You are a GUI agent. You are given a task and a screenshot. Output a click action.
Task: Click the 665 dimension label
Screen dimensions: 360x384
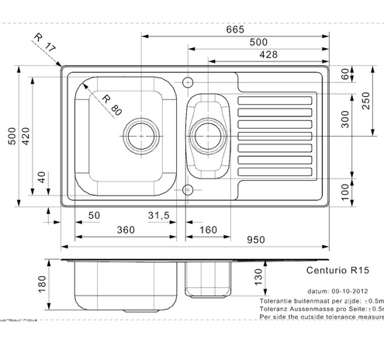235,29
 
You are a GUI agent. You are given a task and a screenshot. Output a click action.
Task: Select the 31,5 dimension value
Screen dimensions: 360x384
158,214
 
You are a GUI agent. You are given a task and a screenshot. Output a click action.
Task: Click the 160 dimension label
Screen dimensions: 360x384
207,230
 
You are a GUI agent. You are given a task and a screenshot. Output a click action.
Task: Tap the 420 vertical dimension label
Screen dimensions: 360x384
25,139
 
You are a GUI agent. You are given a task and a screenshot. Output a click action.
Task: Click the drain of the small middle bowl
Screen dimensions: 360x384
207,134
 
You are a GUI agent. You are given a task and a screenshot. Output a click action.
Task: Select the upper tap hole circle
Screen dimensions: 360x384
186,80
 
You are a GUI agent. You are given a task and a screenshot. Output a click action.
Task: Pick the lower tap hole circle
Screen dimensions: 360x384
186,189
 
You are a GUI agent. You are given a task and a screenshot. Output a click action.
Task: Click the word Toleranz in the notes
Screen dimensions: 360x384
276,308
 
